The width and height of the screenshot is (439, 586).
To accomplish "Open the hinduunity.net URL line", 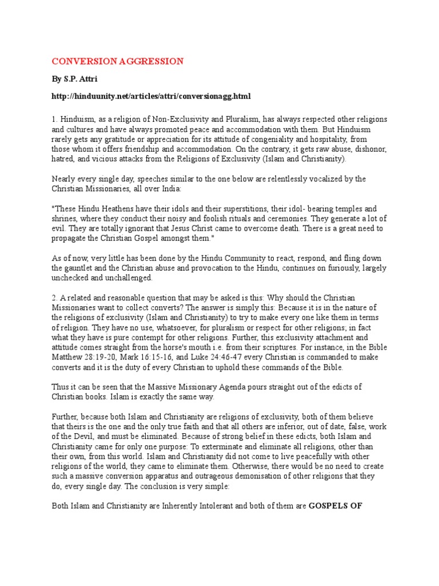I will (151, 96).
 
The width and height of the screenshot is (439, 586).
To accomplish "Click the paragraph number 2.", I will (55, 298).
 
